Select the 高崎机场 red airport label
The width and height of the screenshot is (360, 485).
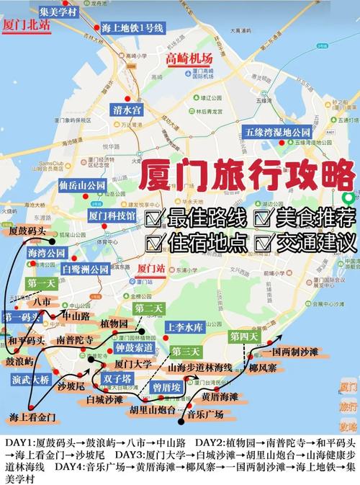click(189, 58)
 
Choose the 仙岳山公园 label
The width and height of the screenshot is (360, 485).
click(83, 186)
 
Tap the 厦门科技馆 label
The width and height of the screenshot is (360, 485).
click(112, 215)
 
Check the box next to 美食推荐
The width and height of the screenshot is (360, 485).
click(264, 216)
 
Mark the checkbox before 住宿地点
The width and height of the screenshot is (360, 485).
click(153, 241)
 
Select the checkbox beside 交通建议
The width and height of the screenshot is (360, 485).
click(264, 240)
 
